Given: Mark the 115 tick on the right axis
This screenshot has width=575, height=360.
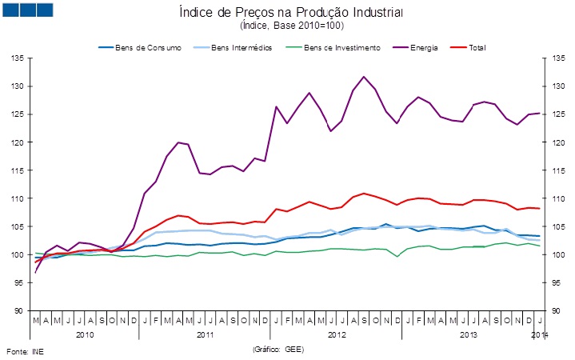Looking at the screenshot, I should point(557,170).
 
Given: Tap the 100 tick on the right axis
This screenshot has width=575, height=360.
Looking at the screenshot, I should point(557,255).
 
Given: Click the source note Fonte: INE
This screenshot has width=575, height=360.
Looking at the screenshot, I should point(26,351).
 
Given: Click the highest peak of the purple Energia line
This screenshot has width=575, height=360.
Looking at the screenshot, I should point(364,77).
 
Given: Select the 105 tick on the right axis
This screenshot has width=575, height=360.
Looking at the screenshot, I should point(557,227).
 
